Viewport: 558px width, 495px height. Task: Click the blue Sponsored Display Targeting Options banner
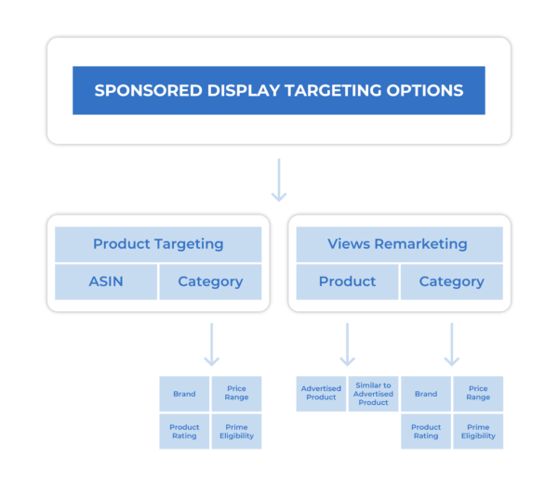point(278,90)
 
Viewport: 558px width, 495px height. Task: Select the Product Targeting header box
point(158,244)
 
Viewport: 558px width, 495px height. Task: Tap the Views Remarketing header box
point(398,244)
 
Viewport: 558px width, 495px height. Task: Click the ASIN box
point(105,281)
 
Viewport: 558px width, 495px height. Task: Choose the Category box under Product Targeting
point(210,281)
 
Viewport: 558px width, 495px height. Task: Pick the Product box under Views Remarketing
point(347,281)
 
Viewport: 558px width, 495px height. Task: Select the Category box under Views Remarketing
point(451,281)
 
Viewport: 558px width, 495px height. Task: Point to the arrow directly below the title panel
point(278,180)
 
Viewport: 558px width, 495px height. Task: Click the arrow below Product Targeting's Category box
point(211,344)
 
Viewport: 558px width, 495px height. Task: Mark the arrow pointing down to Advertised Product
point(347,344)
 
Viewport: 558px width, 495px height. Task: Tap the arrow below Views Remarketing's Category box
point(451,344)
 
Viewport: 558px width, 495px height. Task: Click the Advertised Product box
point(321,394)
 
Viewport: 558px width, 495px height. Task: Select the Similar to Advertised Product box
point(373,394)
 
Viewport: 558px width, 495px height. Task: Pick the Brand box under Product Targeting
point(184,394)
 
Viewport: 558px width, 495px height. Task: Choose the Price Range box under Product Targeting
point(236,394)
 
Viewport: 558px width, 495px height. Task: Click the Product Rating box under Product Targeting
point(184,432)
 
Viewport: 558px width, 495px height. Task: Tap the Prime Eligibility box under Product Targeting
point(236,432)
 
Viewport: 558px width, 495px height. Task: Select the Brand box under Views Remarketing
point(426,394)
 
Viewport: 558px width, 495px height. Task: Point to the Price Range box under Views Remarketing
point(478,394)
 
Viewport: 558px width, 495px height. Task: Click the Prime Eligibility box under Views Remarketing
point(478,432)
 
